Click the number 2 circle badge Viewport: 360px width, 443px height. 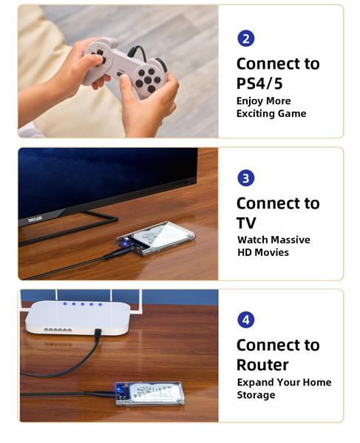coord(245,38)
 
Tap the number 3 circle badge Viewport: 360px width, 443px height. coord(245,178)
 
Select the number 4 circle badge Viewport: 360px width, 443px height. coord(245,319)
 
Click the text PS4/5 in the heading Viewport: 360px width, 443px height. coord(259,83)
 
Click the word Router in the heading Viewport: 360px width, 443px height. coord(262,365)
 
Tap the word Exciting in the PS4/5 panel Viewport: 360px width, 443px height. coord(258,113)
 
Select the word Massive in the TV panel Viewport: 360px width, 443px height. coord(289,240)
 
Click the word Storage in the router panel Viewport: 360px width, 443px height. coord(256,395)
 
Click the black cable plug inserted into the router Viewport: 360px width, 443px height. coord(97,337)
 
